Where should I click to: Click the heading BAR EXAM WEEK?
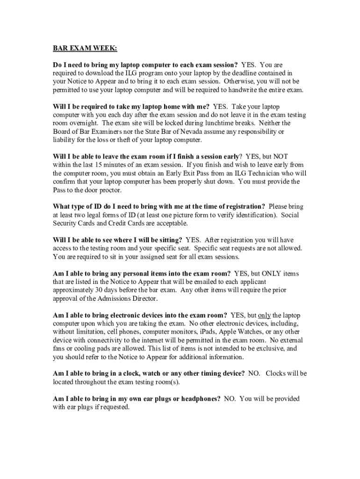coord(85,48)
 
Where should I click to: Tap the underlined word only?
coord(265,315)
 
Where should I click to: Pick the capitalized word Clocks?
coord(276,373)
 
